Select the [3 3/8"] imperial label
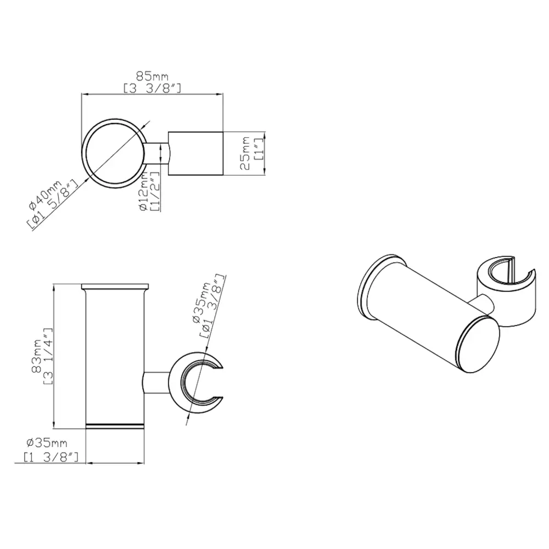(152, 88)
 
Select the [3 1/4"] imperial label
(48, 356)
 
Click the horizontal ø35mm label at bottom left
(47, 443)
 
